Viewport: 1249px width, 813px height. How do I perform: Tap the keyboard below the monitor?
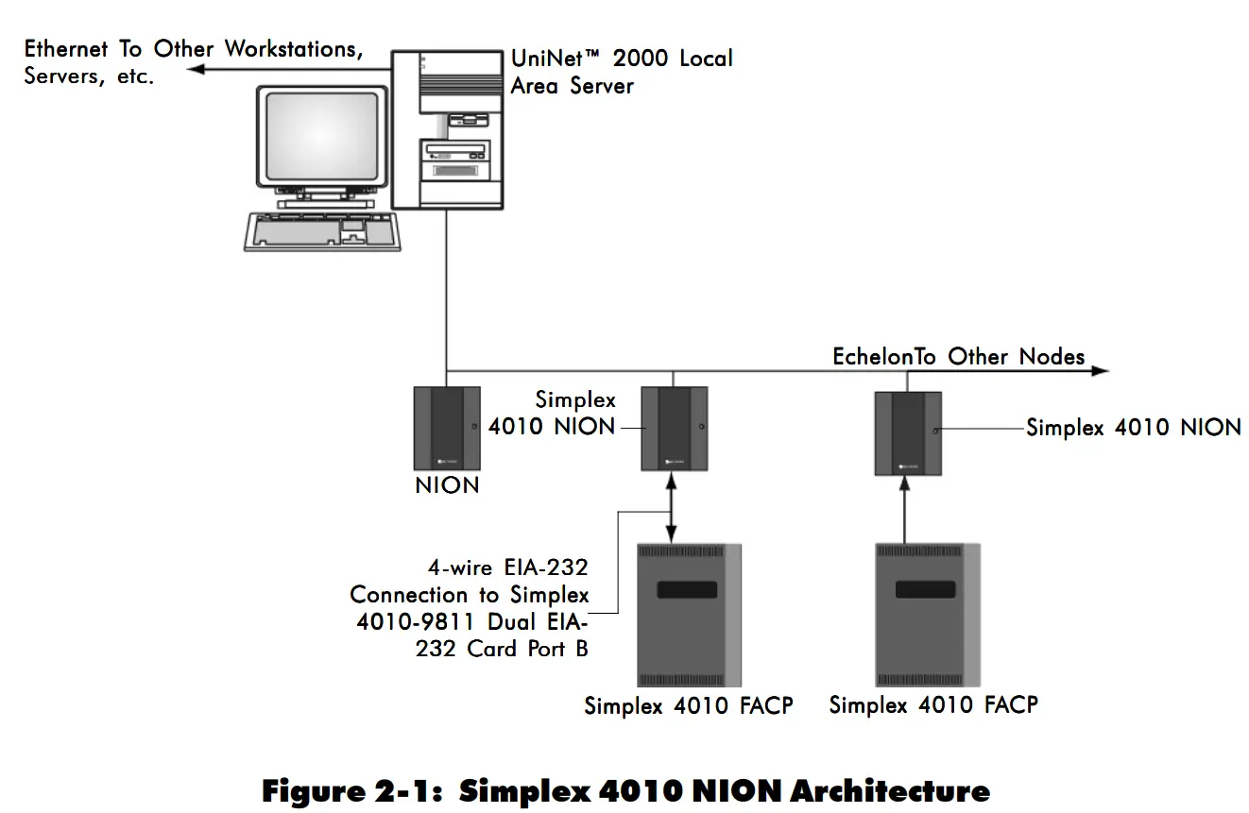pos(322,230)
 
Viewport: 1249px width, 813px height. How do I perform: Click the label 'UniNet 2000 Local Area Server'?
pos(621,71)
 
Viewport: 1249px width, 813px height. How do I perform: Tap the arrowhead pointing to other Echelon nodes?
pos(1100,371)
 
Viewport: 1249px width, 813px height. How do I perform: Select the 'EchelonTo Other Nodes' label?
pos(958,356)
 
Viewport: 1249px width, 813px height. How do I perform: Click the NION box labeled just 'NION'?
pos(447,428)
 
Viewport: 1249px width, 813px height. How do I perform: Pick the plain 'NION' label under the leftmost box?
pos(447,486)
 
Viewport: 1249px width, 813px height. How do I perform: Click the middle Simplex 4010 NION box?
pos(674,429)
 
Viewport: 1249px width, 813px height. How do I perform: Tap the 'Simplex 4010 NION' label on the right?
pos(1133,427)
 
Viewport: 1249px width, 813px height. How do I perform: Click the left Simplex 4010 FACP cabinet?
pos(688,615)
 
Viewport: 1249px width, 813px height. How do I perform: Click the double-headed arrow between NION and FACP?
pos(672,508)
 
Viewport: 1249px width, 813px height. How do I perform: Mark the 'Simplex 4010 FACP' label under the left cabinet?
pos(688,706)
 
